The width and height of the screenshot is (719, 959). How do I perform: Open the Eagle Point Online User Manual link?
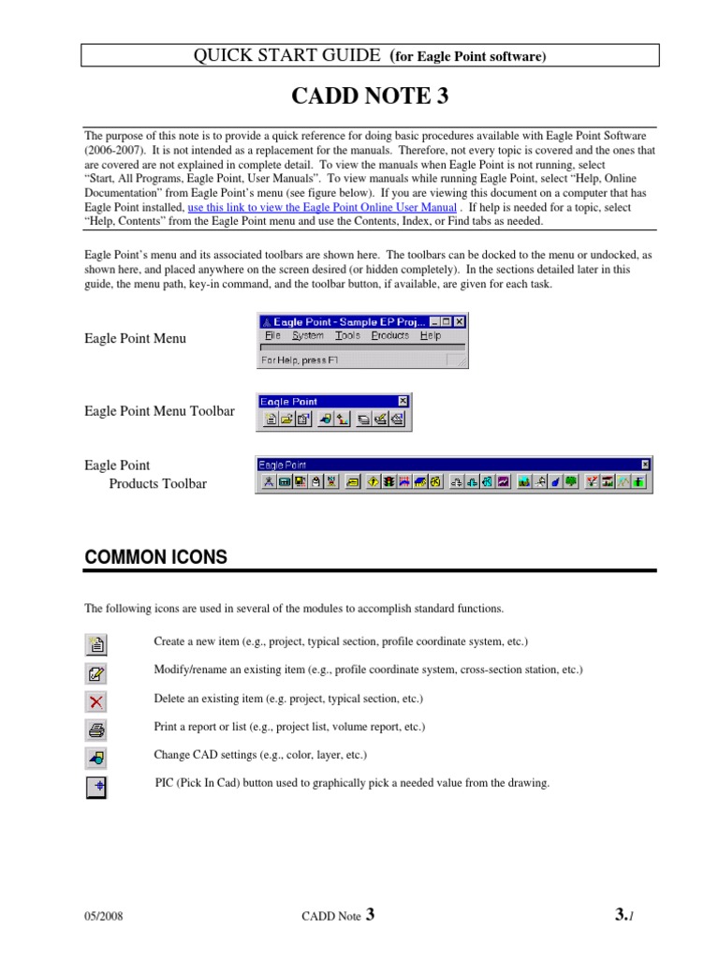point(322,207)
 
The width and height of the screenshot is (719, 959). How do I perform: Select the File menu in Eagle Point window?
point(272,335)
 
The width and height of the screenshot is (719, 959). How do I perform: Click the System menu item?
point(307,335)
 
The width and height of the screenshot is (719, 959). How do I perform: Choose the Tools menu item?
point(347,335)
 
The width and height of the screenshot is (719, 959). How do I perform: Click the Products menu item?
point(389,335)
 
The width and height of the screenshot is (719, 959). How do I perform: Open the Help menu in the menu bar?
point(430,335)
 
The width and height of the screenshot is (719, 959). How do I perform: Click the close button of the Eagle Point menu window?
point(460,320)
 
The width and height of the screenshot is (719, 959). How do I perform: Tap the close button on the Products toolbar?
point(645,464)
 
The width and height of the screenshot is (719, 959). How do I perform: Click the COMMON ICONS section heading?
point(155,557)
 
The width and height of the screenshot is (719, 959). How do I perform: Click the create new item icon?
point(96,644)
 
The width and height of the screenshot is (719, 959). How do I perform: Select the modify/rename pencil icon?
point(96,672)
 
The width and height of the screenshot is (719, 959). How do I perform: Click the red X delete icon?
point(96,701)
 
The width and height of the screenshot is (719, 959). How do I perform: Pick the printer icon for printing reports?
point(96,730)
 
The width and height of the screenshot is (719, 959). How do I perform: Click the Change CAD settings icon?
point(96,758)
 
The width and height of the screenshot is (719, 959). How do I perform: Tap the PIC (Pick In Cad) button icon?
point(96,787)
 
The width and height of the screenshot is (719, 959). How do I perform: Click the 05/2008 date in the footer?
point(104,917)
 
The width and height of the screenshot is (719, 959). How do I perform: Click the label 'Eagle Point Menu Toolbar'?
point(159,411)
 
